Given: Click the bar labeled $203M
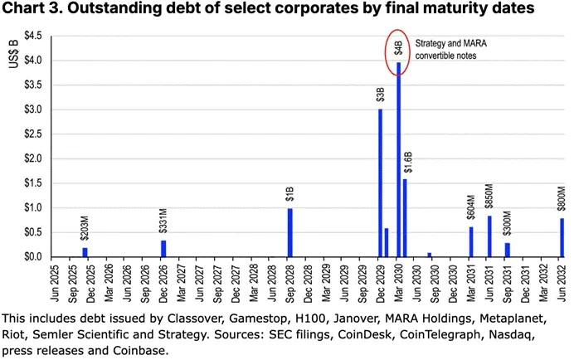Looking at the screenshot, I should pyautogui.click(x=85, y=252).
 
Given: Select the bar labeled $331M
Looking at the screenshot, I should pyautogui.click(x=163, y=248).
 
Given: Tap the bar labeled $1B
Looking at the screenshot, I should pyautogui.click(x=289, y=232).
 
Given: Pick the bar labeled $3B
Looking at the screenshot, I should pyautogui.click(x=380, y=182).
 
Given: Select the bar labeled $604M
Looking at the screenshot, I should pyautogui.click(x=471, y=241).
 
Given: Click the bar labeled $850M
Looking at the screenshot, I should pyautogui.click(x=489, y=236).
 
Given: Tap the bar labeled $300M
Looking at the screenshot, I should pyautogui.click(x=508, y=249).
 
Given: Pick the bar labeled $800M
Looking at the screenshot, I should pyautogui.click(x=562, y=237).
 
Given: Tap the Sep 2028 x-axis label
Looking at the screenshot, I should pyautogui.click(x=290, y=285).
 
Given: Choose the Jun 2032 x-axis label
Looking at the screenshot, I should pyautogui.click(x=562, y=285).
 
